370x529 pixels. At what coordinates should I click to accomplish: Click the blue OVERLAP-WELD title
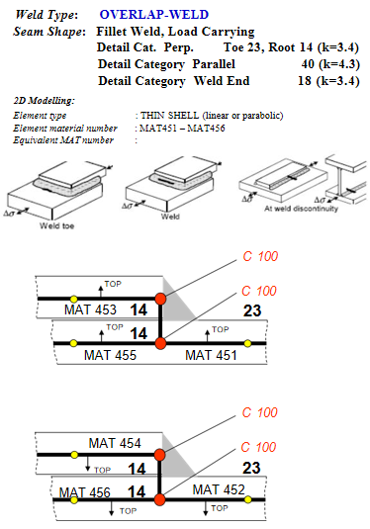coord(154,15)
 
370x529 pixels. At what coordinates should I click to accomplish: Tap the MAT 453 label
coord(90,309)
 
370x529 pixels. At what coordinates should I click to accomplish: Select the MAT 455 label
coord(110,355)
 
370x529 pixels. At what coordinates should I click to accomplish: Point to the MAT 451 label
coord(211,355)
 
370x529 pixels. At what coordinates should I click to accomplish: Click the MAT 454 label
coord(115,443)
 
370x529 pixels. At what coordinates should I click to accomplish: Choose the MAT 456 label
coord(85,492)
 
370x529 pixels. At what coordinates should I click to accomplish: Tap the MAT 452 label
coord(219,489)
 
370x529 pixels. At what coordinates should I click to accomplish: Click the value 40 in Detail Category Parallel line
coord(308,63)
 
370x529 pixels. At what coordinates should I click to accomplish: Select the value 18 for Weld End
coord(305,81)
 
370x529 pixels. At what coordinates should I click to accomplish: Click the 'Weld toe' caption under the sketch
coord(56,225)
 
